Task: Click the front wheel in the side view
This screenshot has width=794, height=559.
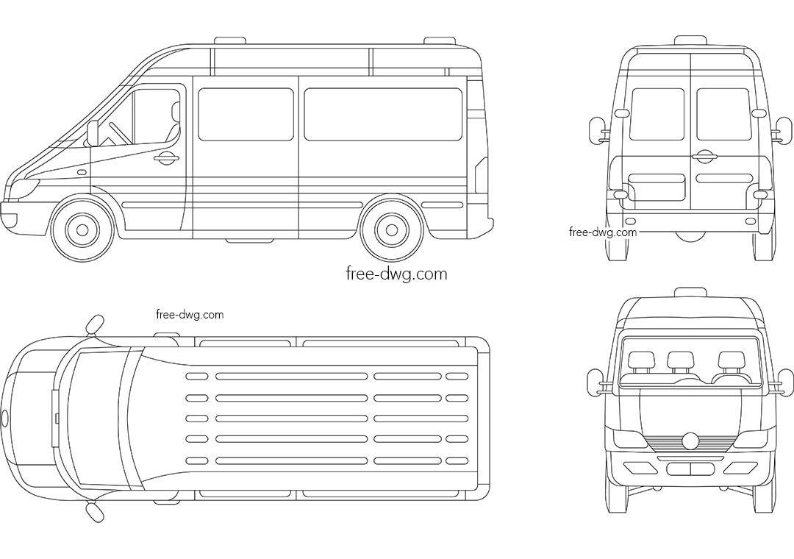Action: (x=82, y=229)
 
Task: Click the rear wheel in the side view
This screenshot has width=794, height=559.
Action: (x=392, y=229)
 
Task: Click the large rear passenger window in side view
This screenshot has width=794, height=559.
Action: (x=383, y=115)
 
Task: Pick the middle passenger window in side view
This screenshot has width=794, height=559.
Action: (x=246, y=115)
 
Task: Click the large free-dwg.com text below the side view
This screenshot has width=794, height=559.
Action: (x=396, y=274)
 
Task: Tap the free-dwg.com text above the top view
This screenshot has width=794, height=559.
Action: (x=190, y=315)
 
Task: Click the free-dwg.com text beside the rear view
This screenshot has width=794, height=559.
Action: (x=603, y=232)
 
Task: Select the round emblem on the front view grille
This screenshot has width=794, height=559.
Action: (x=690, y=441)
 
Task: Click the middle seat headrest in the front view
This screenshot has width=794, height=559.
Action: (x=679, y=360)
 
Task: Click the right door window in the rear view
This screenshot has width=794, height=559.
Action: (x=723, y=115)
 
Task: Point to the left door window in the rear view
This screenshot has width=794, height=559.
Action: (x=657, y=115)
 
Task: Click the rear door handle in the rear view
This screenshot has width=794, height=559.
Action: (x=704, y=156)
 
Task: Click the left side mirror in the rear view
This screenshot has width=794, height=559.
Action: (x=596, y=129)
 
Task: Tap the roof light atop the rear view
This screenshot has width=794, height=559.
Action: (x=690, y=40)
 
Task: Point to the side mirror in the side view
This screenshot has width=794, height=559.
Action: (x=93, y=132)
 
